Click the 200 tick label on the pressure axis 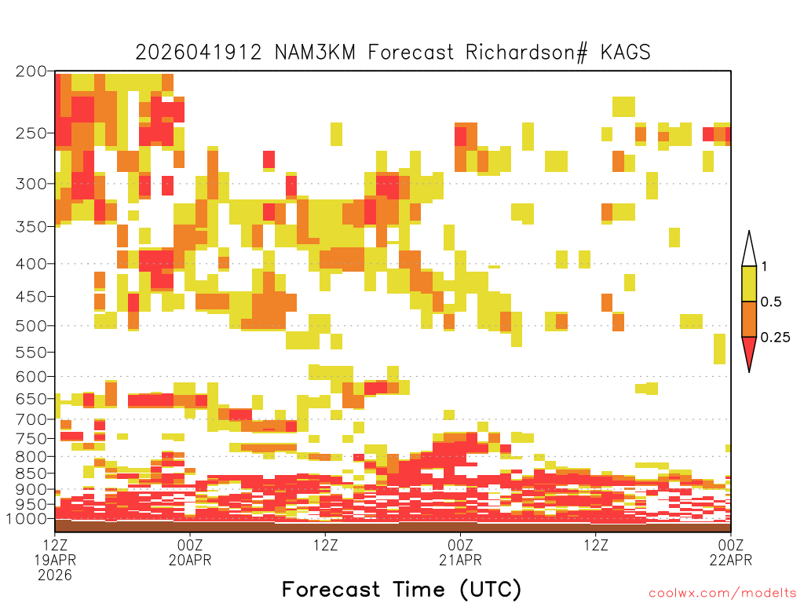(31, 71)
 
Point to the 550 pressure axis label (31, 353)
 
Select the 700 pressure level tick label (31, 419)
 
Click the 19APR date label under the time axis (55, 560)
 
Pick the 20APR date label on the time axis (190, 560)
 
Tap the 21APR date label (460, 560)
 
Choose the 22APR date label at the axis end (731, 560)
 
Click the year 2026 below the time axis (55, 576)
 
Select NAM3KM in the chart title (315, 53)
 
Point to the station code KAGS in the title (625, 53)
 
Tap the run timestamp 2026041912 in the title (199, 53)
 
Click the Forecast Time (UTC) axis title (401, 590)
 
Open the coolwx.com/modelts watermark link (723, 594)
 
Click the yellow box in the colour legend (749, 283)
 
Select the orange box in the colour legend (749, 319)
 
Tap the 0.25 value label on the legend (775, 338)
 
